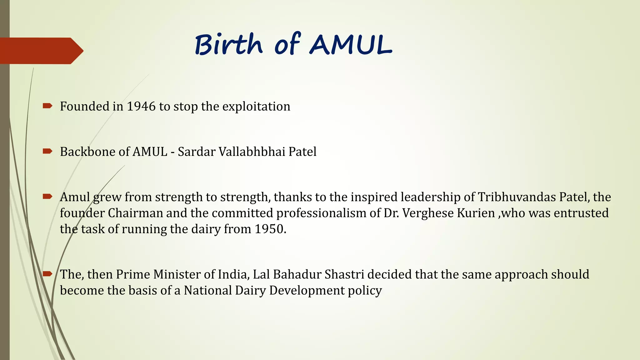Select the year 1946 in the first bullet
click(141, 107)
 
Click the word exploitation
click(256, 107)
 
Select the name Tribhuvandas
click(517, 197)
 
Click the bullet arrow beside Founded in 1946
click(47, 106)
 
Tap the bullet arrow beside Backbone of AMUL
click(47, 152)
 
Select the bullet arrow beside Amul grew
click(47, 197)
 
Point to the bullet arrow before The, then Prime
click(47, 274)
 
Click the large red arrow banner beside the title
click(41, 51)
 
